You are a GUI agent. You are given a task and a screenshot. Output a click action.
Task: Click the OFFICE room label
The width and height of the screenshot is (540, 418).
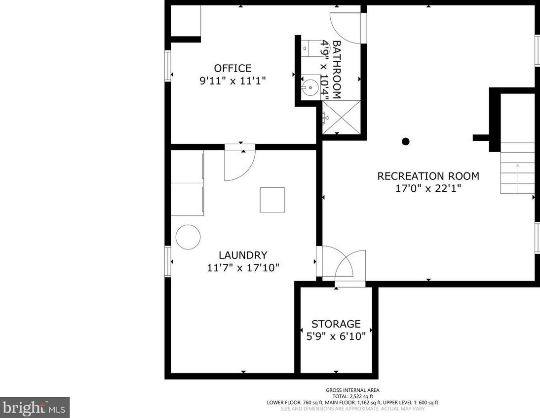click(233, 68)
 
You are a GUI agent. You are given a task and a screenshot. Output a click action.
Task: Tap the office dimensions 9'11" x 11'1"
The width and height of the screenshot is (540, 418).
click(233, 81)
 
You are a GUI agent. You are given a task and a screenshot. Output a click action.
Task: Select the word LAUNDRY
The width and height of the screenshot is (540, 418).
click(243, 255)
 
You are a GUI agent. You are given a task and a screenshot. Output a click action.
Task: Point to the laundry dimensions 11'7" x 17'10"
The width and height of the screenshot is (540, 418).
click(243, 268)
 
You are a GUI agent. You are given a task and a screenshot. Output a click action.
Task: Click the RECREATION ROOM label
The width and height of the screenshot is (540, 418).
click(428, 176)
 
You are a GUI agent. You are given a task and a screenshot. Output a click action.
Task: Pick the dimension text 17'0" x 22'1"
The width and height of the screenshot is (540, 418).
click(428, 189)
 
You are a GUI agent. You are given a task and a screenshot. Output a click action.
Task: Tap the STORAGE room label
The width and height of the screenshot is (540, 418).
click(336, 324)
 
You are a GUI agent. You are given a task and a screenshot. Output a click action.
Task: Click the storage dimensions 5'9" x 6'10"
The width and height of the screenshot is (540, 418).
click(336, 336)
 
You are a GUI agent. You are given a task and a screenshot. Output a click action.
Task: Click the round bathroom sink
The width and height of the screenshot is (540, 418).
click(310, 87)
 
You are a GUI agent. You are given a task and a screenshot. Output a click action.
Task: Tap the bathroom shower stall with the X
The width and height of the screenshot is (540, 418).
click(341, 117)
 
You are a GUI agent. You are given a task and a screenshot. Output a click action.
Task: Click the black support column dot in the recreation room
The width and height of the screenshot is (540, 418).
click(406, 141)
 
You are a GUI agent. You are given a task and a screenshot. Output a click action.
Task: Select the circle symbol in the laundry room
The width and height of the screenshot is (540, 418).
click(188, 237)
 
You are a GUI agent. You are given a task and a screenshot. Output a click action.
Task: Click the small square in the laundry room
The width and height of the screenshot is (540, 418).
click(272, 200)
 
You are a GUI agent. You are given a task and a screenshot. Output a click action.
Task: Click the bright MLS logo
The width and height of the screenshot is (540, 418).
click(35, 408)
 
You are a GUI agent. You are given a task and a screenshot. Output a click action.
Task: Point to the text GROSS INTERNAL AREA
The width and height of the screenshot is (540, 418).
click(352, 390)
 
